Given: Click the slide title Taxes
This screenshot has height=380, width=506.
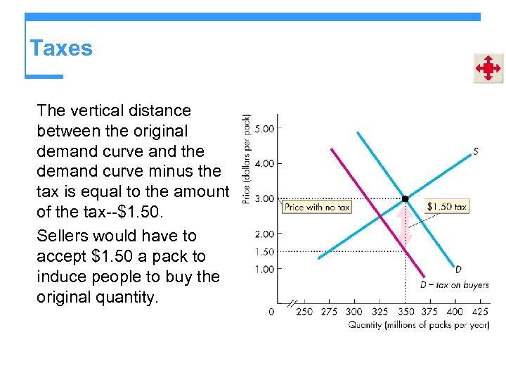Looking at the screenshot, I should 61,49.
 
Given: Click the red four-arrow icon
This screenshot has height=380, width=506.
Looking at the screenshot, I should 487,68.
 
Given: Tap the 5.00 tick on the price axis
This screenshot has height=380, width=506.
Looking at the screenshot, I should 264,129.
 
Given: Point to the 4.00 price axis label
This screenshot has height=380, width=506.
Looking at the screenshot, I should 264,163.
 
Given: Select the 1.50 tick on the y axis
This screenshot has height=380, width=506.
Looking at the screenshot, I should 264,251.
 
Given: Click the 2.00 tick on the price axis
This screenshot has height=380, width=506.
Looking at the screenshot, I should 264,234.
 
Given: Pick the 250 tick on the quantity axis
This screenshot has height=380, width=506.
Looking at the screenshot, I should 304,311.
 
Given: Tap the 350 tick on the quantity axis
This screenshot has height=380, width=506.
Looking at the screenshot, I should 405,311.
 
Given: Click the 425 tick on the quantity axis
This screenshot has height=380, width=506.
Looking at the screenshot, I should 480,311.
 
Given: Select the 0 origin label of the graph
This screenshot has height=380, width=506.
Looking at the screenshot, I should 272,311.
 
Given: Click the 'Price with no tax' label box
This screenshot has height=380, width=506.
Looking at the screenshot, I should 316,207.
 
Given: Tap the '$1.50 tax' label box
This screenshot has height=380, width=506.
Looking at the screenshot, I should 446,207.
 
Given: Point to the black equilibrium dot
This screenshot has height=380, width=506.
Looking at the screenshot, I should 405,199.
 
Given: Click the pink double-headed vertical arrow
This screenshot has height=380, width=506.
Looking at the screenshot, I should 402,225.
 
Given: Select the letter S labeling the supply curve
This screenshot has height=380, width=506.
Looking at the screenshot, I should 476,151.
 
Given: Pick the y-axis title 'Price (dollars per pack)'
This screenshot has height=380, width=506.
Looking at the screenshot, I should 247,159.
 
